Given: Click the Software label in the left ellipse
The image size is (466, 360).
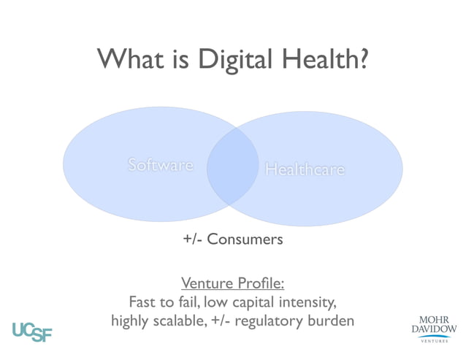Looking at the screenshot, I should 160,165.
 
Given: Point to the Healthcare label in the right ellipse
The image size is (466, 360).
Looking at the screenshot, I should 305,169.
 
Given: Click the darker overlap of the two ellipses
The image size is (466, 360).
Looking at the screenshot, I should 233,167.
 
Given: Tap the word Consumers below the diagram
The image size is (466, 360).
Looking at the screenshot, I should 245,239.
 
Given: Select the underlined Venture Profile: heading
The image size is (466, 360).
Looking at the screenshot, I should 232,283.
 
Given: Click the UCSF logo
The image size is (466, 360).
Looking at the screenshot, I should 32,331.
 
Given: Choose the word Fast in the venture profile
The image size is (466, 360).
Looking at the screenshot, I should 142,302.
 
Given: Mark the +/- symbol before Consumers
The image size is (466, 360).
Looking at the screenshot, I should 193,239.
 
